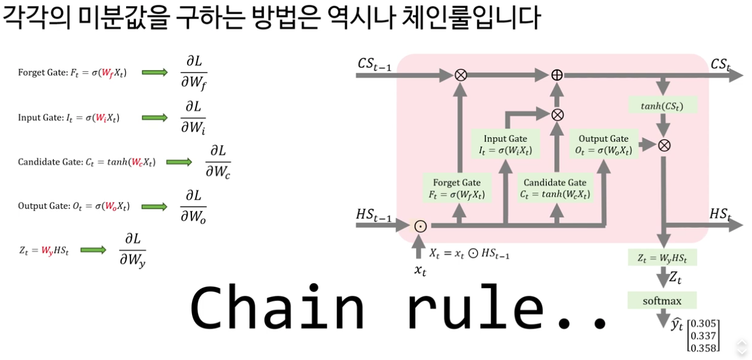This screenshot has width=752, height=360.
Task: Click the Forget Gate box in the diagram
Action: tap(457, 188)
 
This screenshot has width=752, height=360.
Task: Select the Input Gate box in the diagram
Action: tap(505, 145)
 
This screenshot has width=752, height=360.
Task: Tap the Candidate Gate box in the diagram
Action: tap(555, 188)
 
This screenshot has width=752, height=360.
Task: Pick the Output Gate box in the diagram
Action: tap(603, 145)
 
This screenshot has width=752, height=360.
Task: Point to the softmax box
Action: tap(662, 301)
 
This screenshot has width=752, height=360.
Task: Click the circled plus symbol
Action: tap(557, 74)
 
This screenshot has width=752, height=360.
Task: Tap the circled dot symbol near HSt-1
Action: tap(420, 226)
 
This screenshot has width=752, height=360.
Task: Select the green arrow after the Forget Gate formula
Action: tap(154, 73)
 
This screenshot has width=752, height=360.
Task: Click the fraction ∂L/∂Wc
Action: tap(218, 162)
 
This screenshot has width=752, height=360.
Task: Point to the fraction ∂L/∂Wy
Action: tap(132, 250)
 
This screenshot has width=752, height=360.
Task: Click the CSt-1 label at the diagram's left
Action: tap(374, 63)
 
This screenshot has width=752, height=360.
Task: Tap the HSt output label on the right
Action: tap(721, 214)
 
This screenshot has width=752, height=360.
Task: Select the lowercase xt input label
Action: tap(420, 270)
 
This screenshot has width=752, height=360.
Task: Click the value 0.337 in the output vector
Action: tap(704, 336)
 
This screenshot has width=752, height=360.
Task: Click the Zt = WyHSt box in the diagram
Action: tap(662, 257)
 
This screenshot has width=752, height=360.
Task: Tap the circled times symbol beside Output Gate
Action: tap(664, 145)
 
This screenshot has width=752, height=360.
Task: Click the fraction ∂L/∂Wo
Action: tap(193, 206)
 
